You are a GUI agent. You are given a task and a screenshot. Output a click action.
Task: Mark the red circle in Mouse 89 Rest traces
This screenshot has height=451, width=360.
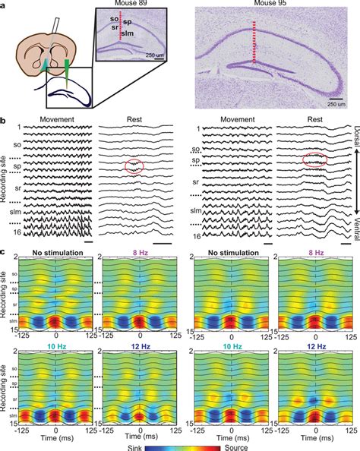[133, 166]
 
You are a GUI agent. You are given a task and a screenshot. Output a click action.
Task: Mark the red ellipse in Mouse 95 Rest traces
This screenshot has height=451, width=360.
[295, 159]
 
